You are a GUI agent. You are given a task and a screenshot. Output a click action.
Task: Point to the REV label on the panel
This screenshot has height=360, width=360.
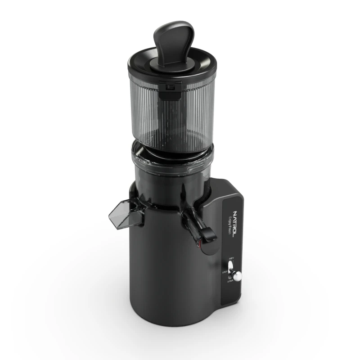click(x=231, y=259)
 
